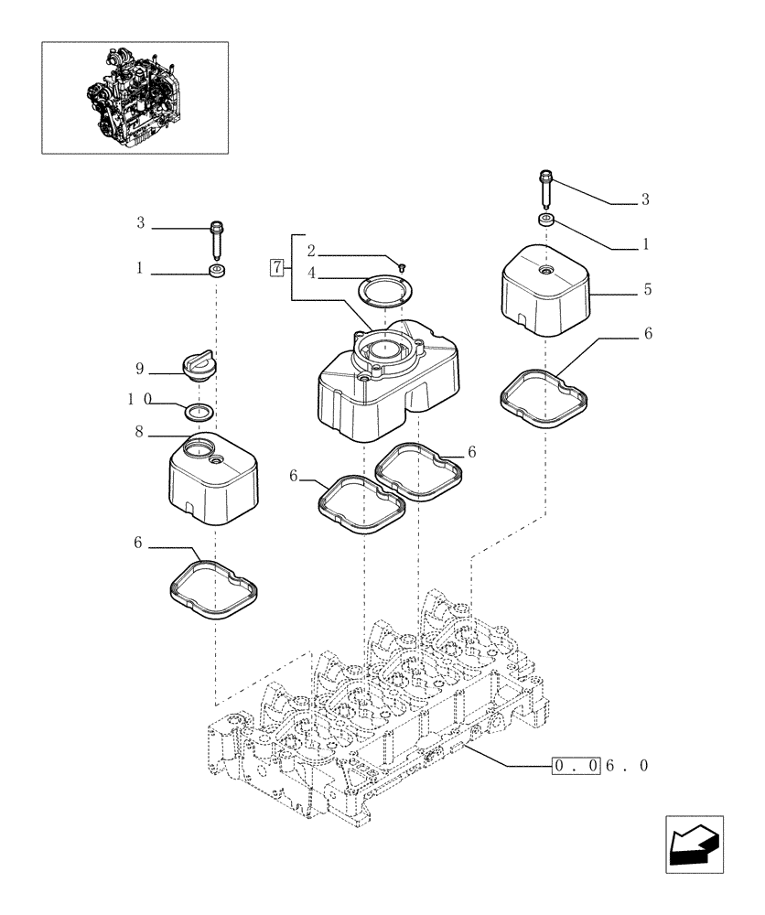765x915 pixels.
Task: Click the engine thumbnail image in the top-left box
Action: coord(134,96)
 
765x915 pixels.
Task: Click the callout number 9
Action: coord(140,370)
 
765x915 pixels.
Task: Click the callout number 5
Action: coord(647,289)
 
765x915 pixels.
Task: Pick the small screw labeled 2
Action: coord(402,264)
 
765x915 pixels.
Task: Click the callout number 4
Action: coord(313,272)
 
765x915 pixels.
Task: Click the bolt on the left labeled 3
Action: coord(218,241)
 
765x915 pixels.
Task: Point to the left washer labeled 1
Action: coord(218,272)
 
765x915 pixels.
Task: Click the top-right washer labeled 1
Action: coord(546,221)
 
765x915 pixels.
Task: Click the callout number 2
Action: coord(313,250)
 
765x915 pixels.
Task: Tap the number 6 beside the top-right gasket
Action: coord(647,334)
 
